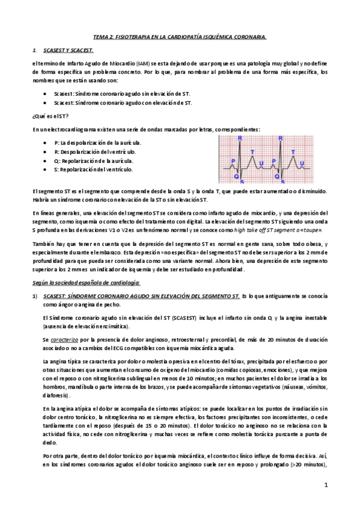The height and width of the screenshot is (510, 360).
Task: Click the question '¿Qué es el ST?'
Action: click(x=50, y=115)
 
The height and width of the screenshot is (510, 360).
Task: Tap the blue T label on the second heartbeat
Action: click(x=292, y=152)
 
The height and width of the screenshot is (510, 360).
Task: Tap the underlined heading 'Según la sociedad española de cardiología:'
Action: click(x=86, y=282)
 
